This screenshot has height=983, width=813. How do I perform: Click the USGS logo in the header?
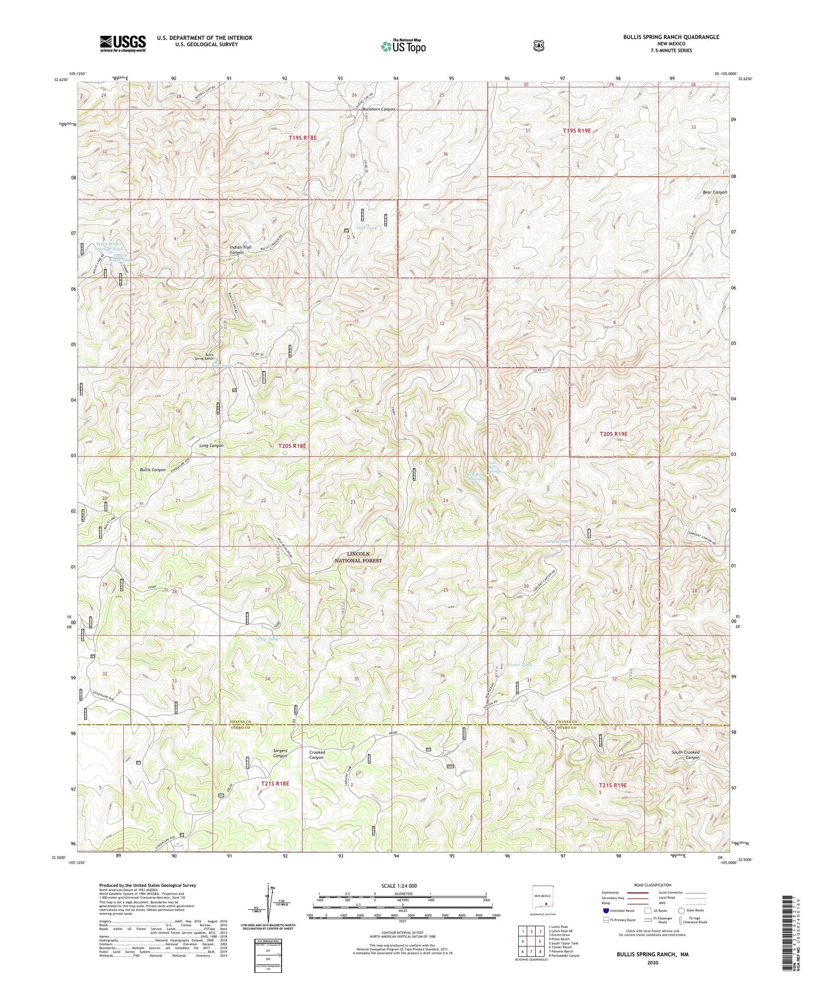[123, 43]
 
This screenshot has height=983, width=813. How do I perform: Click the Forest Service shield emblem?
[538, 46]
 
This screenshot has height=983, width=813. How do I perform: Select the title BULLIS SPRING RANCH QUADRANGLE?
[671, 37]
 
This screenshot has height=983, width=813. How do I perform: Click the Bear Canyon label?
[715, 193]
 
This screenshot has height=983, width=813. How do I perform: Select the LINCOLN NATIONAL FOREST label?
[358, 557]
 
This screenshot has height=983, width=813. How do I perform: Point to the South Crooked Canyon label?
[685, 755]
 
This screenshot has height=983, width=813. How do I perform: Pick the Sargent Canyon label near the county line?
[280, 753]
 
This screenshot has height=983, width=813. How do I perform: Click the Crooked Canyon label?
[317, 754]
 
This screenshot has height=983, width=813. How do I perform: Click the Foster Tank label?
[519, 665]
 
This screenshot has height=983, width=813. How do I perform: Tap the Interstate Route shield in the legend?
[604, 910]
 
